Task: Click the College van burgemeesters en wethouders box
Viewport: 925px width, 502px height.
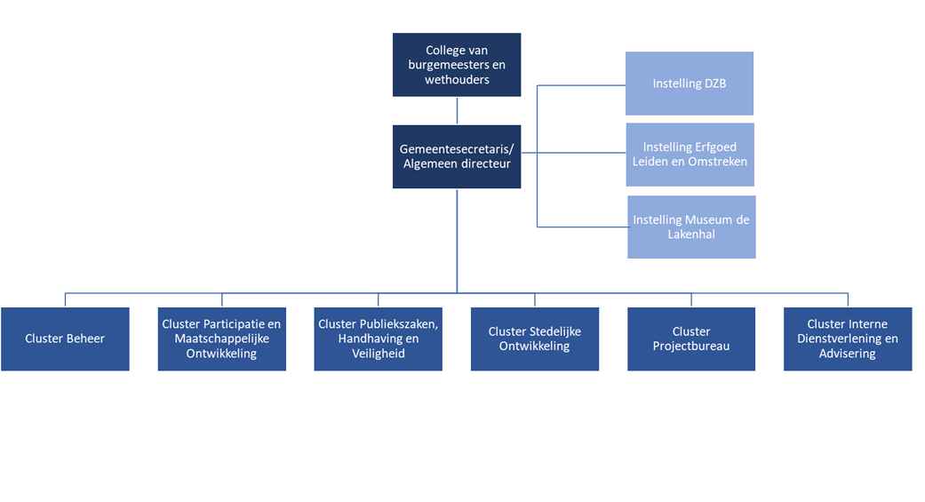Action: click(x=457, y=65)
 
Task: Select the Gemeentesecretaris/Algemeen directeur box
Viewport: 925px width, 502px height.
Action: click(x=457, y=156)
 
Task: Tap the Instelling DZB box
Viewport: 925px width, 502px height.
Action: click(x=689, y=84)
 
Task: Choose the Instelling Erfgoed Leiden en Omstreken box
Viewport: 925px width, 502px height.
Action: click(x=689, y=155)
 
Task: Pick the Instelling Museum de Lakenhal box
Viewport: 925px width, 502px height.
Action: click(x=691, y=227)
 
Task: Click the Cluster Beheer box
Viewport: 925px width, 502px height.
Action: click(x=66, y=339)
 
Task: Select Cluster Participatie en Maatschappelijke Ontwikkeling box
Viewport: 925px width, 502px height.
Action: click(x=221, y=339)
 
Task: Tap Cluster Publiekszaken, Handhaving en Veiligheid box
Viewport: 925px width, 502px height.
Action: click(x=378, y=339)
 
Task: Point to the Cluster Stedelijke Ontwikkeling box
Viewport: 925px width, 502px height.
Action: click(x=534, y=339)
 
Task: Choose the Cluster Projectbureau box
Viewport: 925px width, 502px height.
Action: click(x=690, y=339)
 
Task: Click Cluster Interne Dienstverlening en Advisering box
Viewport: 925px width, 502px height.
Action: click(x=847, y=339)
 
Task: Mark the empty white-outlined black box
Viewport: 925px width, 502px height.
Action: click(x=378, y=246)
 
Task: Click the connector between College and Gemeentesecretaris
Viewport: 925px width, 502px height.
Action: click(x=457, y=110)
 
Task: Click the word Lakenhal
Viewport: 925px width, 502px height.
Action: click(x=691, y=235)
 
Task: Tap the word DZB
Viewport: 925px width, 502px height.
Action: click(x=714, y=84)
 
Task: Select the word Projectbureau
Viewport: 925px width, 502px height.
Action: click(x=690, y=346)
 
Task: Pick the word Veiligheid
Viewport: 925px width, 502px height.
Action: click(x=378, y=353)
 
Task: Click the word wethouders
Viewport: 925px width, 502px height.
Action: click(x=457, y=79)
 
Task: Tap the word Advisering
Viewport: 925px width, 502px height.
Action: click(x=847, y=353)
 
